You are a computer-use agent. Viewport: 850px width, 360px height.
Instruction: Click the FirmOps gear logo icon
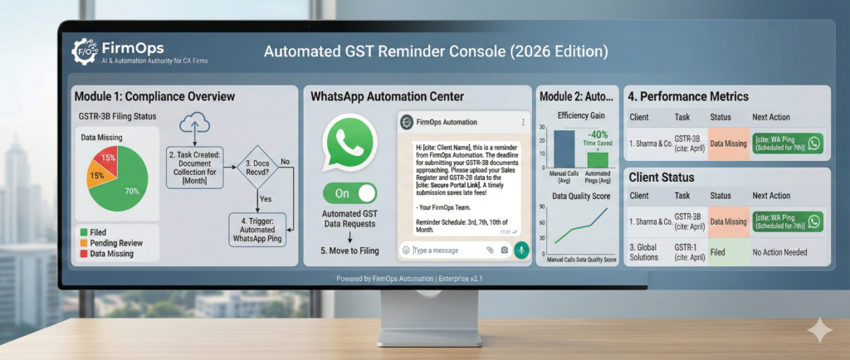[x=84, y=50]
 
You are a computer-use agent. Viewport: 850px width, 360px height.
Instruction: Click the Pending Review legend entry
[x=116, y=242]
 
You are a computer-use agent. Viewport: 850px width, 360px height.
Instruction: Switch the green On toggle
[x=349, y=193]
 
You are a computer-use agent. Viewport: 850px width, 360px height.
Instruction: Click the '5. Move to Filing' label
[x=349, y=250]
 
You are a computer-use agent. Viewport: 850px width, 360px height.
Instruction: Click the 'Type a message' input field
[x=446, y=250]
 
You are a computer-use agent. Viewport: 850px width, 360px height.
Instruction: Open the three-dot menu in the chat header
[x=522, y=123]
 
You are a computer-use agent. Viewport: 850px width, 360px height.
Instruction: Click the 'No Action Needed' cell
[x=779, y=252]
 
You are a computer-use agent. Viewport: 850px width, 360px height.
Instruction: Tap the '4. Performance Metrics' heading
[x=688, y=96]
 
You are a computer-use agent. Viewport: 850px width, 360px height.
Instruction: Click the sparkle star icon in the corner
[x=819, y=331]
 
